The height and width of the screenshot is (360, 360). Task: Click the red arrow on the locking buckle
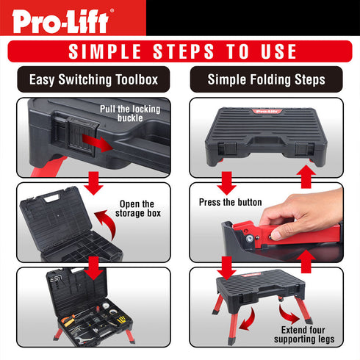[96, 142]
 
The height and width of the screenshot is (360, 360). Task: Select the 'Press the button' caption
[229, 201]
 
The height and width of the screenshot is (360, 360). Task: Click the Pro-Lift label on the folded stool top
[265, 112]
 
